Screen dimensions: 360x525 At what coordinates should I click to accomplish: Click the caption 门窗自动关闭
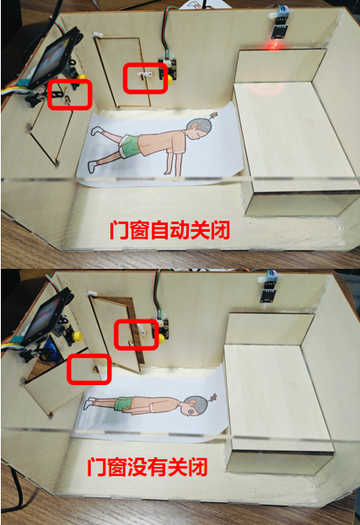point(169,231)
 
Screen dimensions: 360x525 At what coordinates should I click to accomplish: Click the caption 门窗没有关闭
point(148,467)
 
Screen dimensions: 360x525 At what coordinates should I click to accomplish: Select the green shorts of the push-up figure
point(130,146)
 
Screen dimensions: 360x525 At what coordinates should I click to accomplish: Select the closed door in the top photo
point(123,72)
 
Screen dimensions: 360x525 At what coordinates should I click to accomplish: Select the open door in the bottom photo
point(116,334)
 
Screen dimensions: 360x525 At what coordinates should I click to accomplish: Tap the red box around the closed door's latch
point(145,78)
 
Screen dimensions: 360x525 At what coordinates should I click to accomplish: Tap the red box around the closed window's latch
point(70,94)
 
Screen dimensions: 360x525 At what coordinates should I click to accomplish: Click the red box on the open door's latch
point(136,335)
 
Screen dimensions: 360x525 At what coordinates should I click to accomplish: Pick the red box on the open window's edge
point(89,369)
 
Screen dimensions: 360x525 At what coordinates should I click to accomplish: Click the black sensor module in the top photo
point(280,28)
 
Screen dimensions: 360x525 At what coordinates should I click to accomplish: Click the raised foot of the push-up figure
point(95,131)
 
